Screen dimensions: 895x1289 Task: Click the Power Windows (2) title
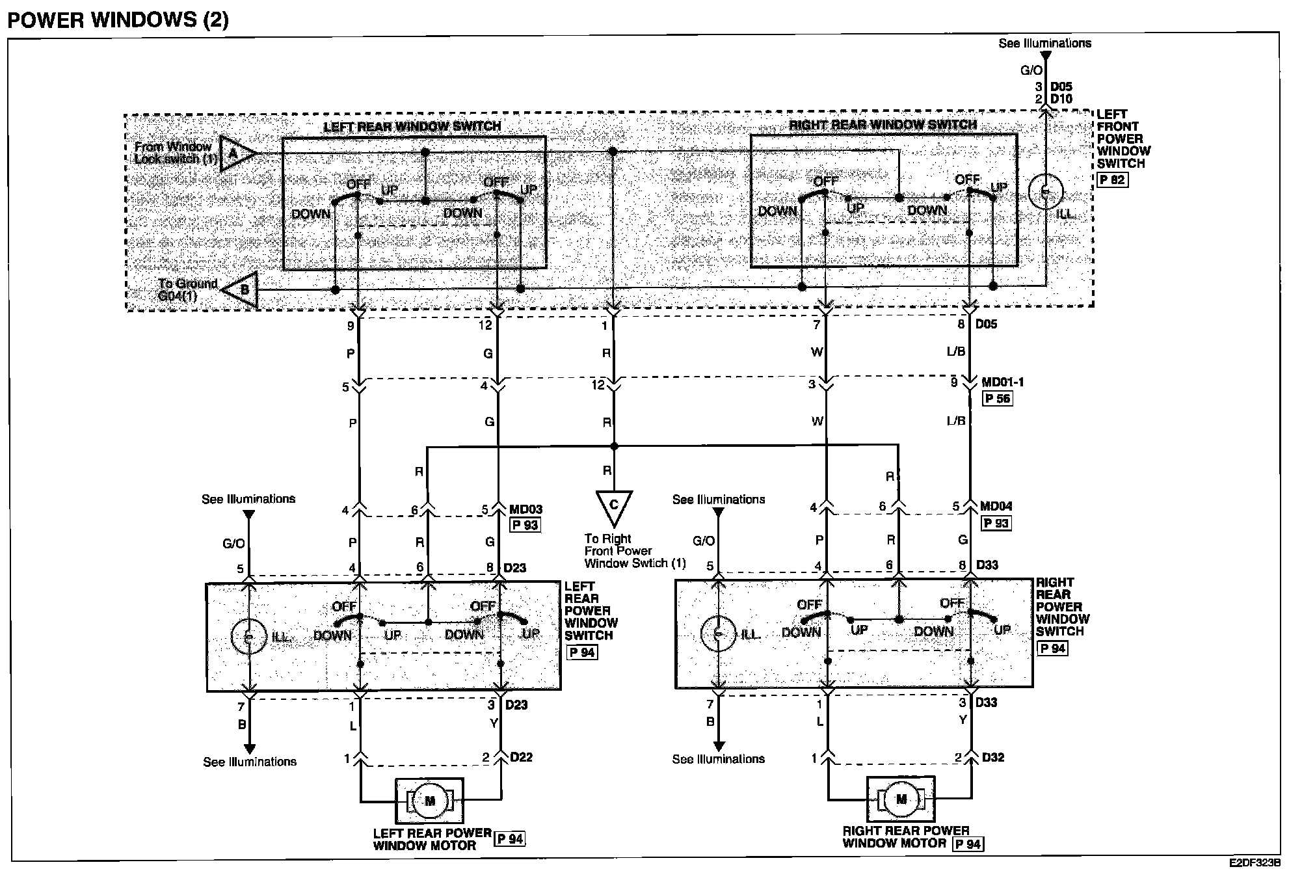coord(118,20)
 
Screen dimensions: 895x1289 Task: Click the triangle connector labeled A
coord(235,154)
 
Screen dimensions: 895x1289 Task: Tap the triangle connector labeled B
coord(242,289)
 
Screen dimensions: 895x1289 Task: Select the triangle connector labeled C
coord(613,507)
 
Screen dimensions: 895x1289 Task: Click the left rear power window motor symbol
coord(429,800)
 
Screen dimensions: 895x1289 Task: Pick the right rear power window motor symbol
coord(901,799)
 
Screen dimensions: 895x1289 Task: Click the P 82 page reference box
coord(1112,180)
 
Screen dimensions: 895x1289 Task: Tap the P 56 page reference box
coord(997,399)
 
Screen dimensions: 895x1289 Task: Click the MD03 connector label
coord(525,509)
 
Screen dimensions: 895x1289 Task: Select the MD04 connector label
coord(996,506)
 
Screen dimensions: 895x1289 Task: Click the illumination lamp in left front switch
coord(1046,192)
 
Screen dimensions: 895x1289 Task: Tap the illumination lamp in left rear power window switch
coord(248,637)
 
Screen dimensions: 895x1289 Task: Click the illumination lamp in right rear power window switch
coord(718,634)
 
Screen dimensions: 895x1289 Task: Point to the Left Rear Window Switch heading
coord(412,126)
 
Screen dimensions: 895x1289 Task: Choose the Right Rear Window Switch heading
coord(883,124)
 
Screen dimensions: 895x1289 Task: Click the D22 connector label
coord(522,757)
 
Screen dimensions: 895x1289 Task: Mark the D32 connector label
coord(993,757)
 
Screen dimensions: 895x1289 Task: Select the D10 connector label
coord(1061,99)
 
